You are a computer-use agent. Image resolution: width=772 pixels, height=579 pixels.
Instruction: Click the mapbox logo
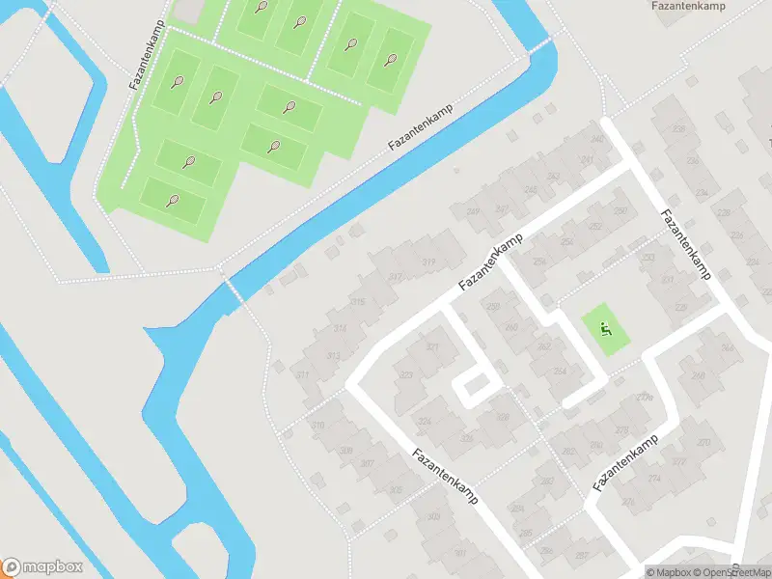(x=42, y=567)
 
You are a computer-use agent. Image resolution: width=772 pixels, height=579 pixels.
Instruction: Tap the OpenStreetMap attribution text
(x=733, y=572)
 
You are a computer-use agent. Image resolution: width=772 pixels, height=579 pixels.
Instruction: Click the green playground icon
(x=605, y=330)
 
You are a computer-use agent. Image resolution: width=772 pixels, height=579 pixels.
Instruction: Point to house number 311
(x=303, y=374)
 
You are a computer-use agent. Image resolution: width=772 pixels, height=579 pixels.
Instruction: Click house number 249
(x=473, y=212)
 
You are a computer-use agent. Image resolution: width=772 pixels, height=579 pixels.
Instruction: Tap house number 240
(x=597, y=140)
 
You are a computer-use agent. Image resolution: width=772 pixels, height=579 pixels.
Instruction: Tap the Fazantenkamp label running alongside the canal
(x=420, y=127)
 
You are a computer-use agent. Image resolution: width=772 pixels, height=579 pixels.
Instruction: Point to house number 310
(x=317, y=425)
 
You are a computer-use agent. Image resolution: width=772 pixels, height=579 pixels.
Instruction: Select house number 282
(x=569, y=450)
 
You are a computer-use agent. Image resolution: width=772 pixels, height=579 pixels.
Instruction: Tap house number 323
(x=406, y=375)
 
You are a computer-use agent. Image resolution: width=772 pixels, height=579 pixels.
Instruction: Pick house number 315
(x=357, y=303)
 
